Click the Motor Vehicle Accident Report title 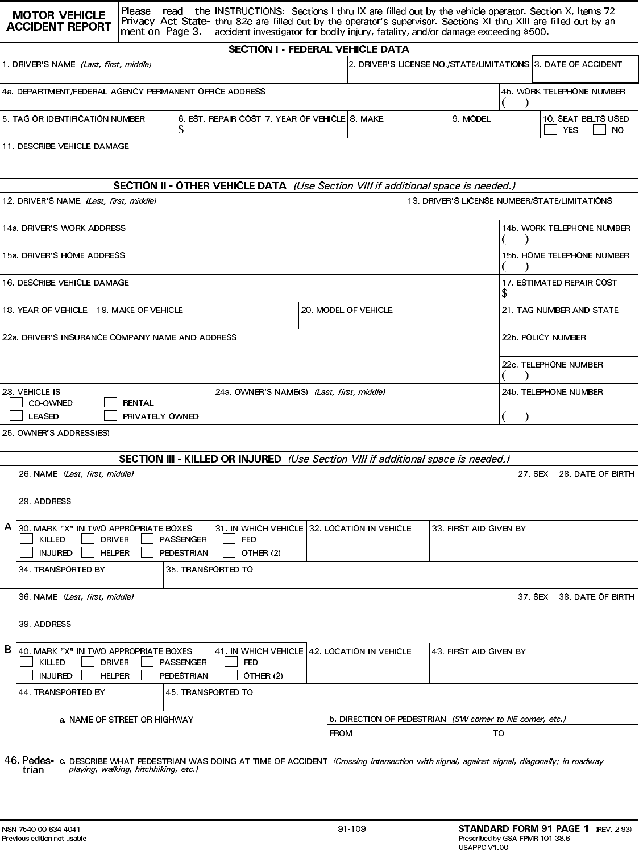click(x=59, y=21)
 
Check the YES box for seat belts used click(x=550, y=130)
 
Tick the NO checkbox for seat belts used click(x=599, y=130)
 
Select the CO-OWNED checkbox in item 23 click(x=16, y=403)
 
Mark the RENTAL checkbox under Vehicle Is click(x=110, y=403)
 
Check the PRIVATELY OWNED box click(x=110, y=416)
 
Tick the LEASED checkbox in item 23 click(x=16, y=416)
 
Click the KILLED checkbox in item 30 click(x=26, y=539)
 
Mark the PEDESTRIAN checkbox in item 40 click(x=147, y=675)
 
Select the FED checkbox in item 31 click(x=229, y=539)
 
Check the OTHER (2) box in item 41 click(x=231, y=675)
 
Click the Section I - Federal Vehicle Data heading click(x=318, y=49)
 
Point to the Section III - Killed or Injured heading click(x=200, y=459)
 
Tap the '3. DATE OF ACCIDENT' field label click(x=578, y=64)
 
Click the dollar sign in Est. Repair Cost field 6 click(x=181, y=130)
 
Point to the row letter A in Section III click(x=8, y=527)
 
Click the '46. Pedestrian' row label click(x=29, y=765)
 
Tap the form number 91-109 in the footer click(x=352, y=828)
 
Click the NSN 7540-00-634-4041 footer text click(x=40, y=829)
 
